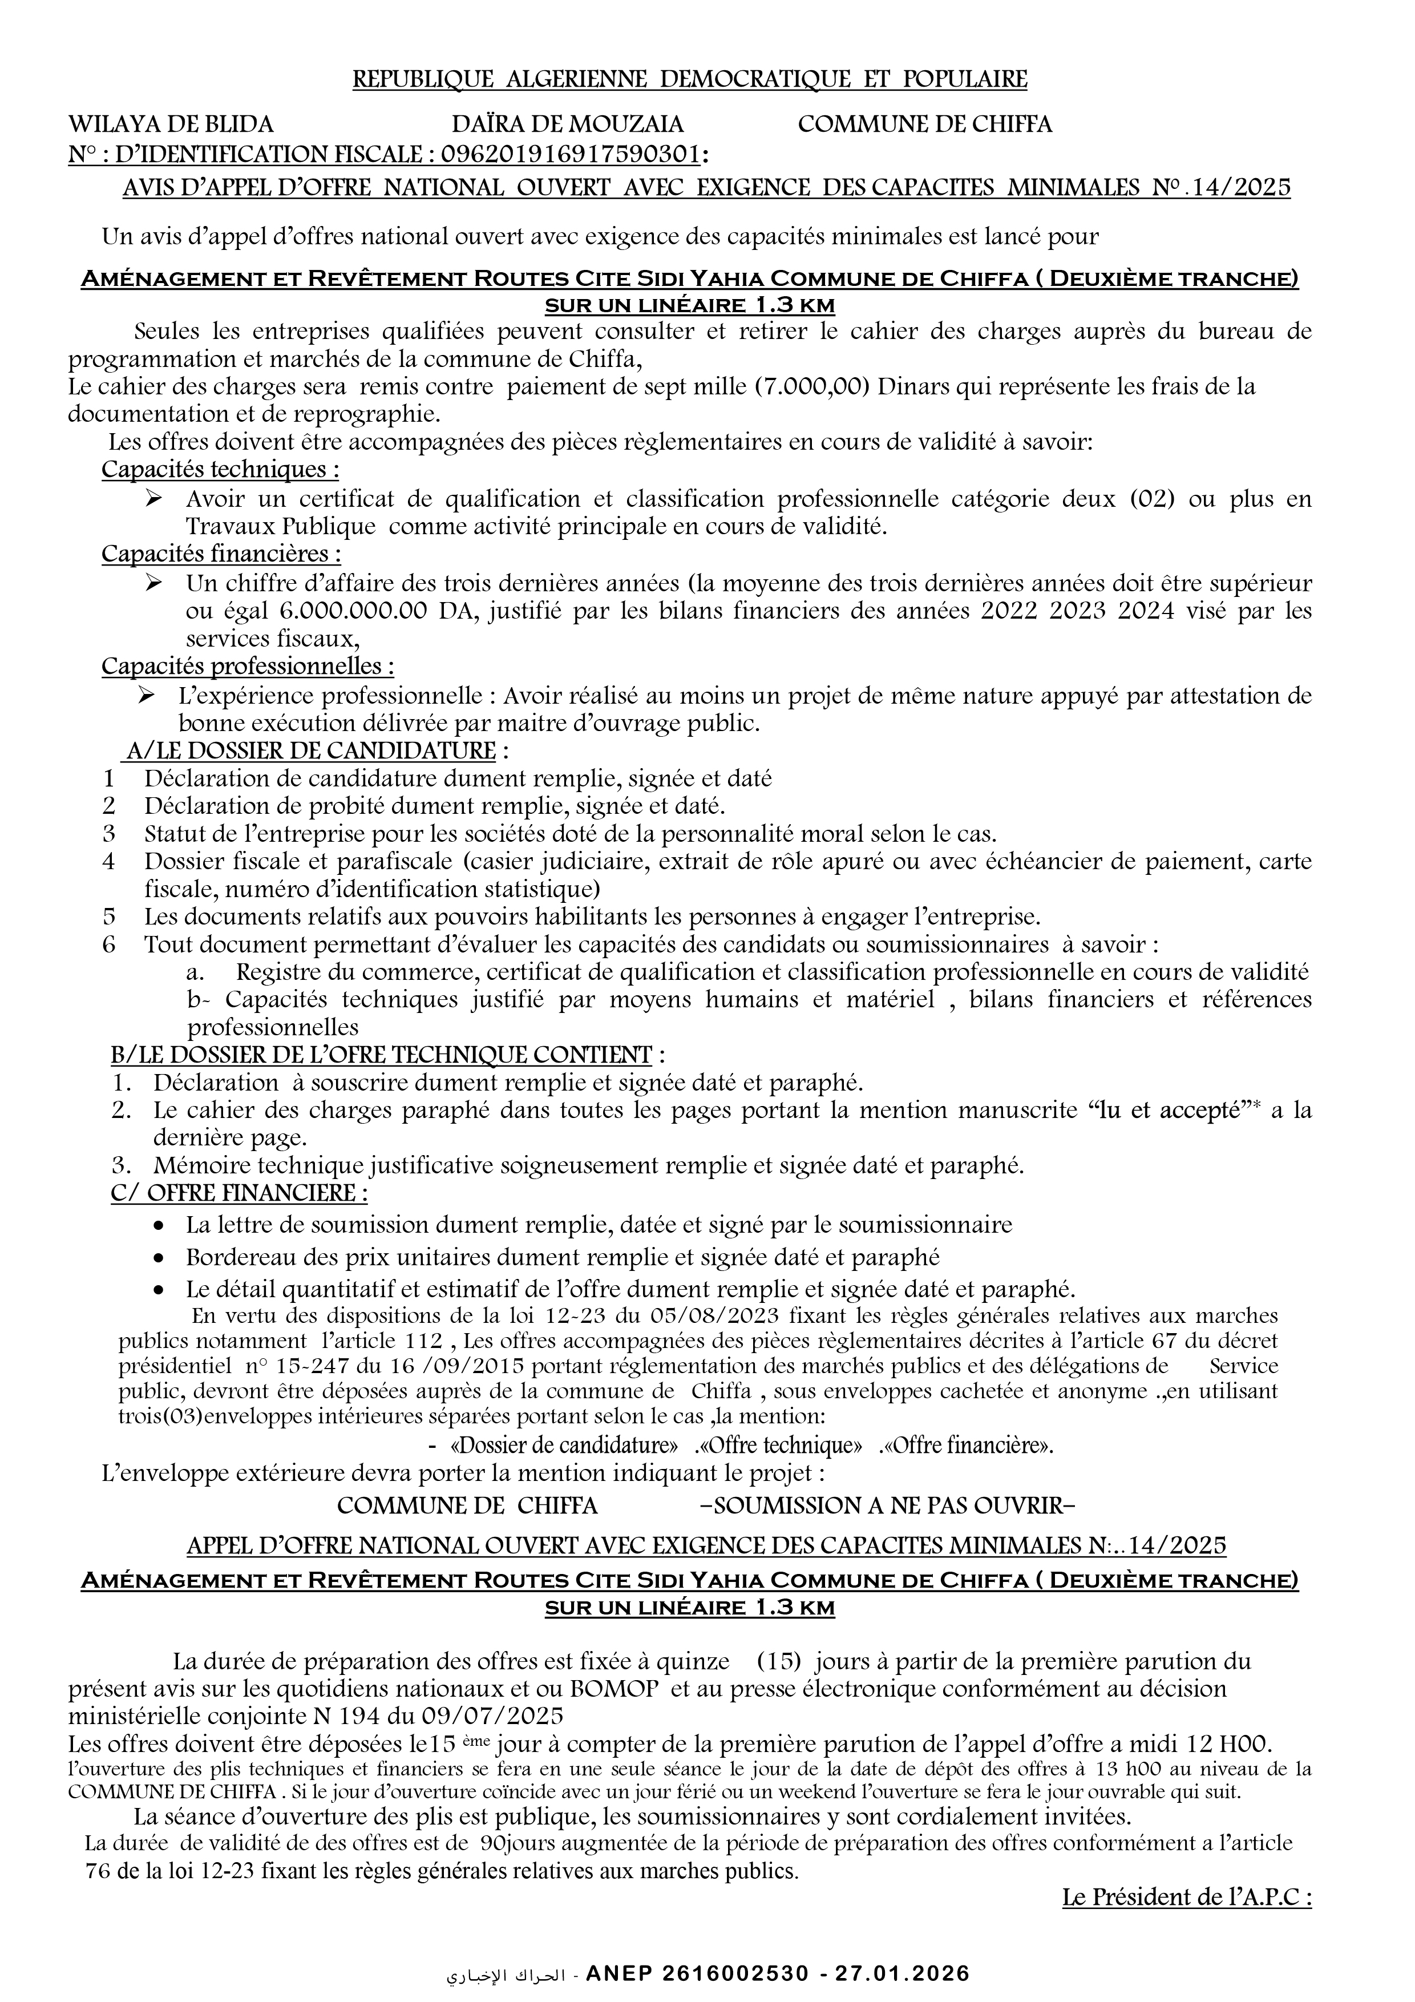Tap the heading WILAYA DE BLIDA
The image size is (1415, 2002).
171,124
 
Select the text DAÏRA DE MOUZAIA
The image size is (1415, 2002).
568,124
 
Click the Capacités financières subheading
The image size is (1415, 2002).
221,554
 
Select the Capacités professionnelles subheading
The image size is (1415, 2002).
248,667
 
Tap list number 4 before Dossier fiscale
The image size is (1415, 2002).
109,862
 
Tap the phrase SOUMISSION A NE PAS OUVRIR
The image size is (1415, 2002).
888,1506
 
